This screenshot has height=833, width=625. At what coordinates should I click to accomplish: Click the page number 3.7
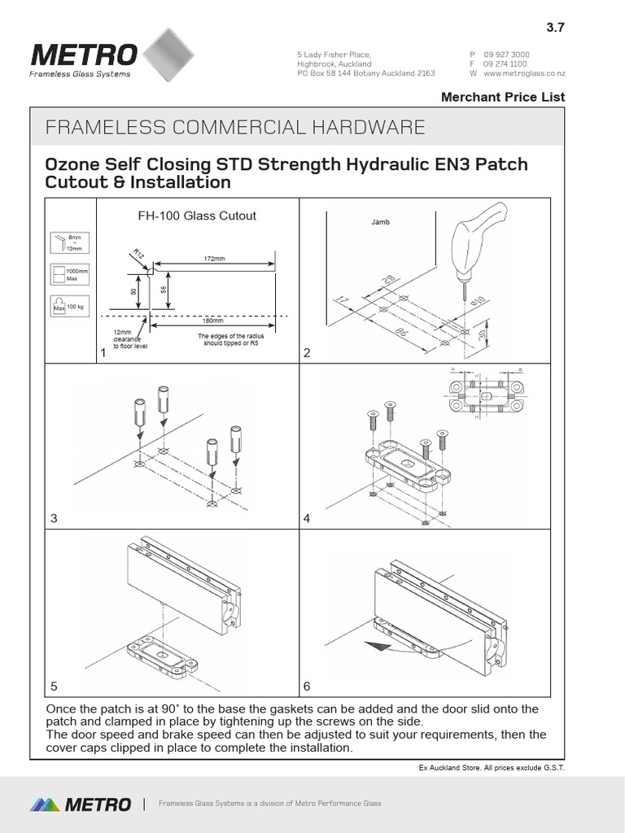(555, 27)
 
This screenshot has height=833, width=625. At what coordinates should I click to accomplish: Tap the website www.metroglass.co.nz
(524, 73)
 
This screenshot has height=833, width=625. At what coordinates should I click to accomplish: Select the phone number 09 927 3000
(506, 55)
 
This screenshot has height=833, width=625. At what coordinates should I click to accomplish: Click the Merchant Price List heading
(502, 97)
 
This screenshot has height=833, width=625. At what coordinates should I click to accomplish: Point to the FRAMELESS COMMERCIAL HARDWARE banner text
(235, 127)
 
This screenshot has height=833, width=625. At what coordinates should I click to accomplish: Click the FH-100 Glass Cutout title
(195, 216)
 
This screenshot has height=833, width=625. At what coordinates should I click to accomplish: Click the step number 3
(54, 517)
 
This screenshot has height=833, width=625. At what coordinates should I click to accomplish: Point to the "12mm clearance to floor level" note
(127, 339)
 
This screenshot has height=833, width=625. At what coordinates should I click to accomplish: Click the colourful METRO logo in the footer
(81, 805)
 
